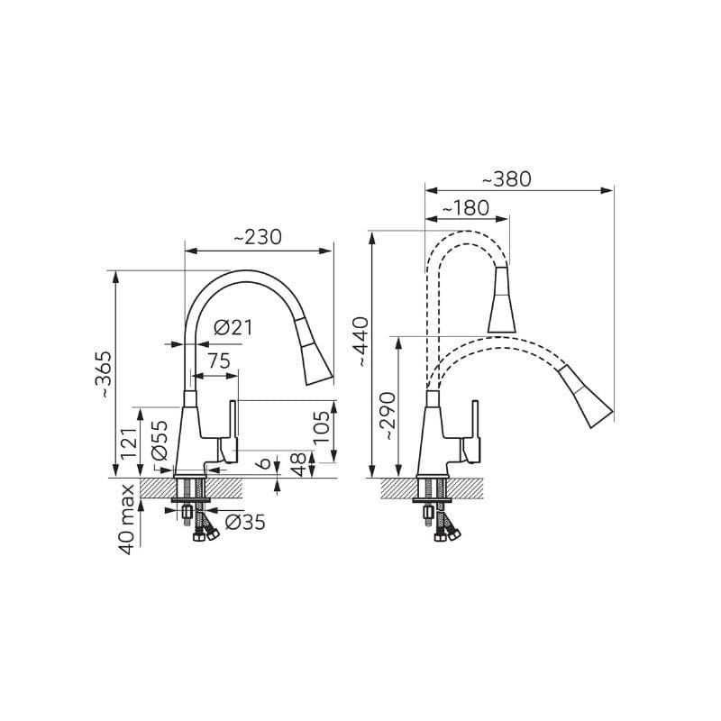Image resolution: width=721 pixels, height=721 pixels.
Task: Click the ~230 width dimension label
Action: pyautogui.click(x=258, y=238)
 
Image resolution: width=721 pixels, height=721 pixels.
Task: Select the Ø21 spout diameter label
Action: pyautogui.click(x=233, y=328)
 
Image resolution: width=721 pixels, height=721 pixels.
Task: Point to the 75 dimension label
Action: pyautogui.click(x=218, y=361)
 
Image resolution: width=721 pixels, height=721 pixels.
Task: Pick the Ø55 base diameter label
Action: pyautogui.click(x=160, y=441)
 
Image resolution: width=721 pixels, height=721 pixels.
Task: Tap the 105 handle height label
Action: pyautogui.click(x=322, y=427)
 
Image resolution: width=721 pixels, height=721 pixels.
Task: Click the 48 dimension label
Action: pyautogui.click(x=298, y=464)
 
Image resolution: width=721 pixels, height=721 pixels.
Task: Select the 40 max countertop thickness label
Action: pyautogui.click(x=126, y=519)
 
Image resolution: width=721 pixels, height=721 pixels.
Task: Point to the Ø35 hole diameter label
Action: pyautogui.click(x=245, y=523)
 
